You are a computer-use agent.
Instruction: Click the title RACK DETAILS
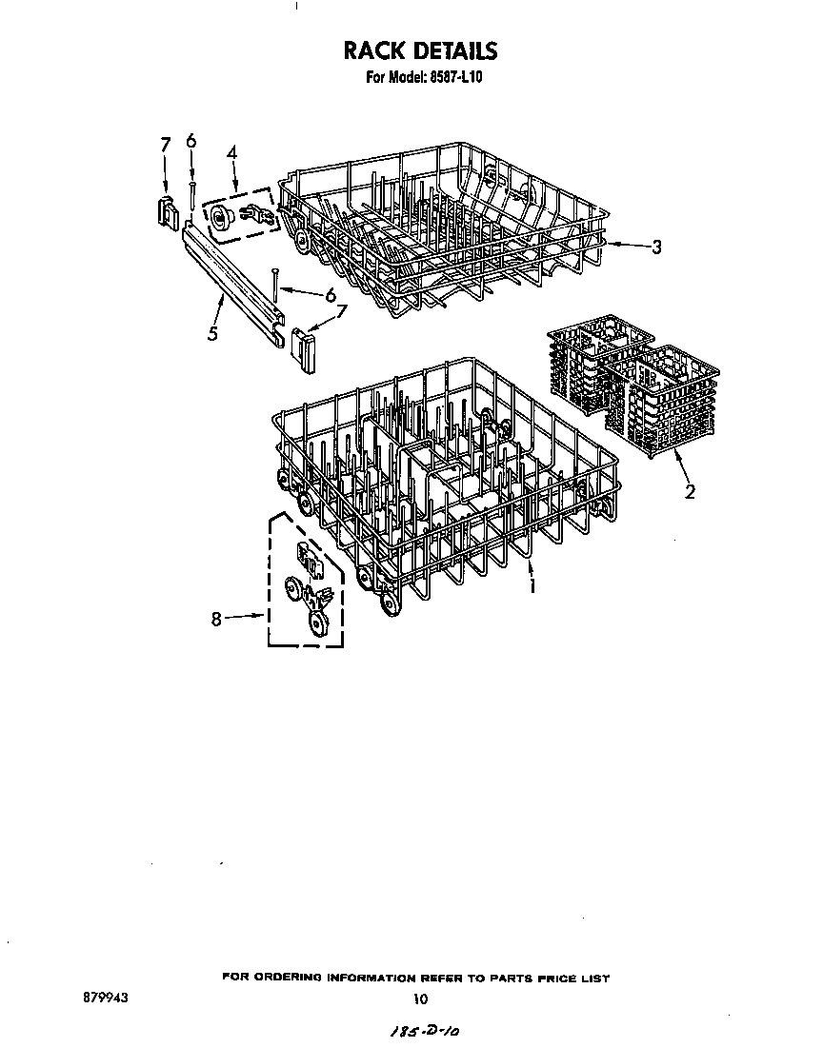[420, 50]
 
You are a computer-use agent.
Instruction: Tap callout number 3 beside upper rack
[656, 247]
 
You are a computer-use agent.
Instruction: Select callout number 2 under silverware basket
[690, 492]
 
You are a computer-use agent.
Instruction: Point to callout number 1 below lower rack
[532, 585]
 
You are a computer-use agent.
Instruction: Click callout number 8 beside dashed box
[216, 620]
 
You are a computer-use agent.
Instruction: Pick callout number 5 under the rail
[212, 333]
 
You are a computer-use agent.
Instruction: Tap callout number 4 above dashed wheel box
[231, 152]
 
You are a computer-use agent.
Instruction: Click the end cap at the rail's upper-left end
[167, 212]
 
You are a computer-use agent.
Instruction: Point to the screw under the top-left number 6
[192, 196]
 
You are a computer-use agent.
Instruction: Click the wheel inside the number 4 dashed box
[221, 218]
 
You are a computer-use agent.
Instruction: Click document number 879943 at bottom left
[105, 998]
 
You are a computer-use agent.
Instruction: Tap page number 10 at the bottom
[420, 999]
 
